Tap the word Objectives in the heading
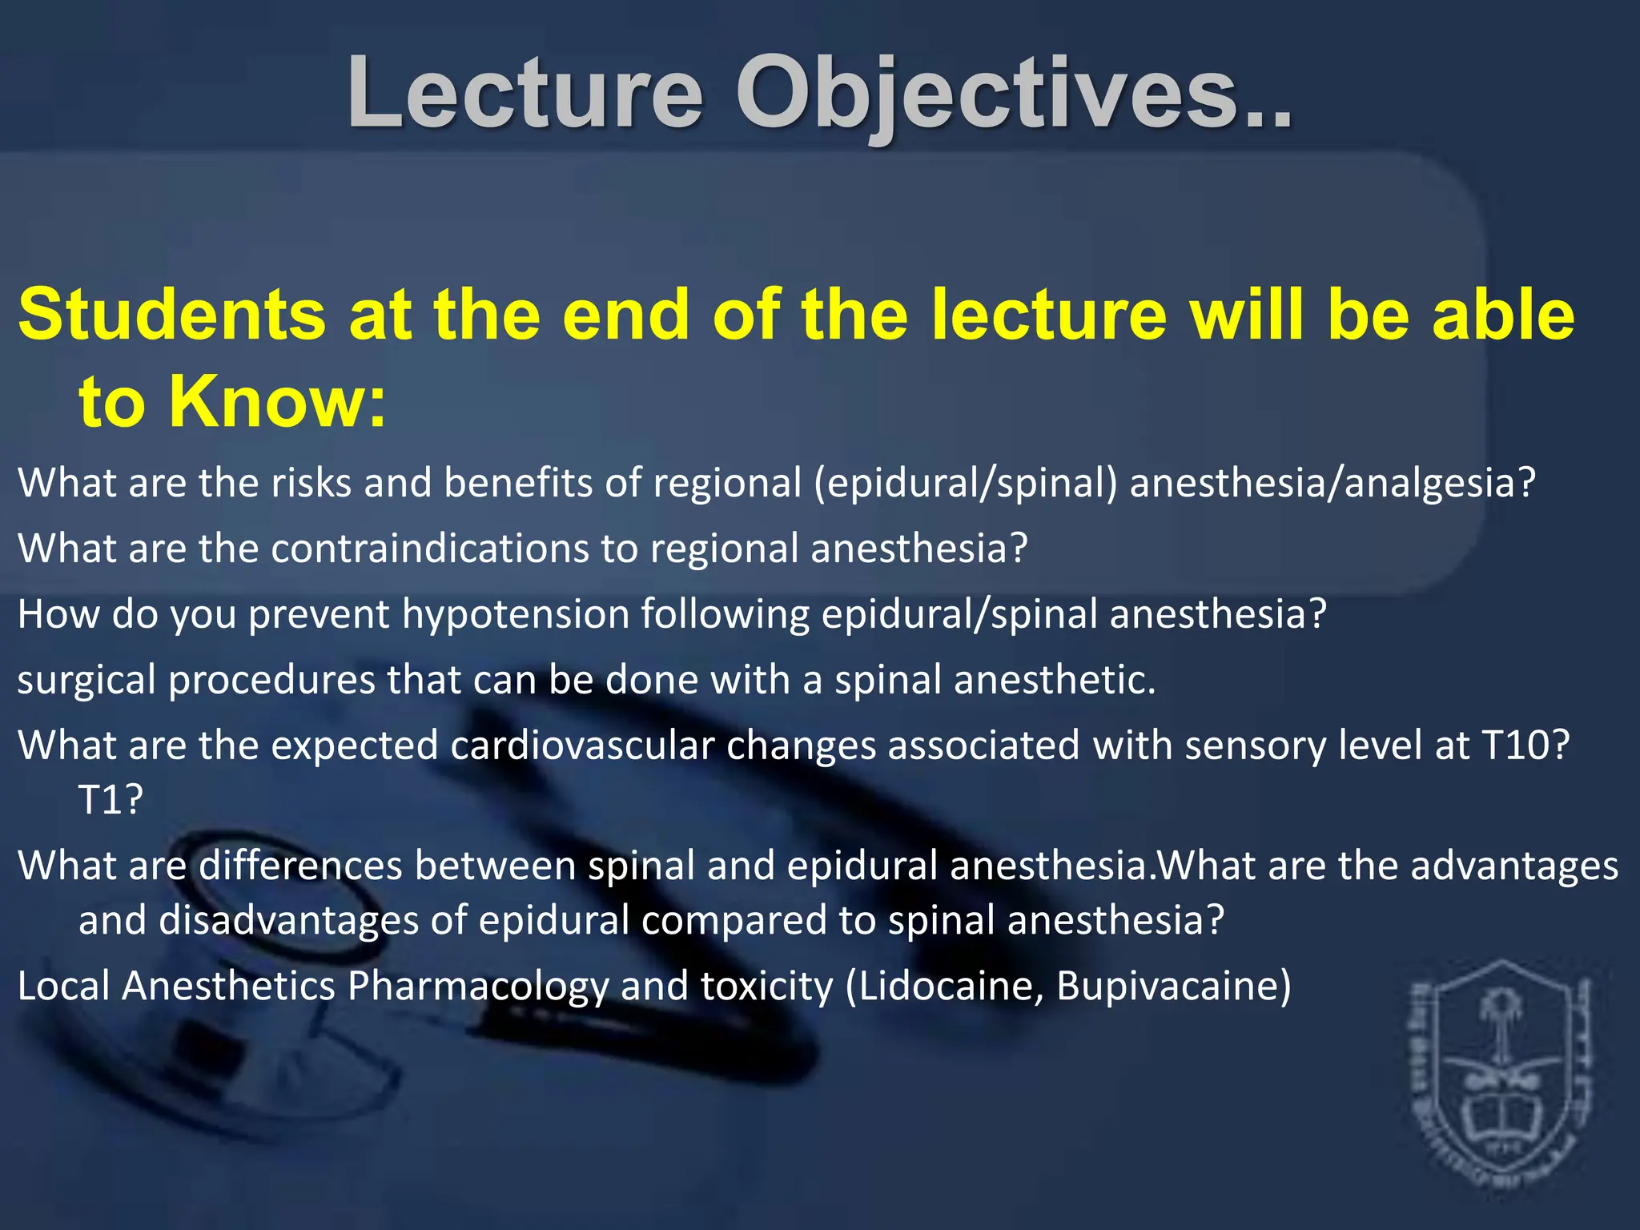[x=1013, y=94]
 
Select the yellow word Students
[x=171, y=315]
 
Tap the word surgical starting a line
[x=86, y=681]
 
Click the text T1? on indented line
[x=111, y=799]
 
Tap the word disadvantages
[x=288, y=921]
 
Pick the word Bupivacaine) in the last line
[x=1173, y=987]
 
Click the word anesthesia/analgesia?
[x=1332, y=484]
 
